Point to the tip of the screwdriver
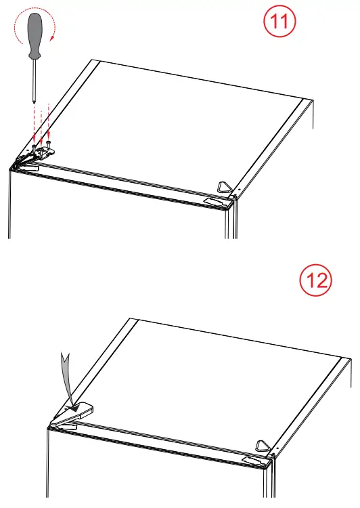click(35, 101)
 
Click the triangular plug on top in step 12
click(262, 446)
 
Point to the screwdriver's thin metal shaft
click(32, 78)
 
